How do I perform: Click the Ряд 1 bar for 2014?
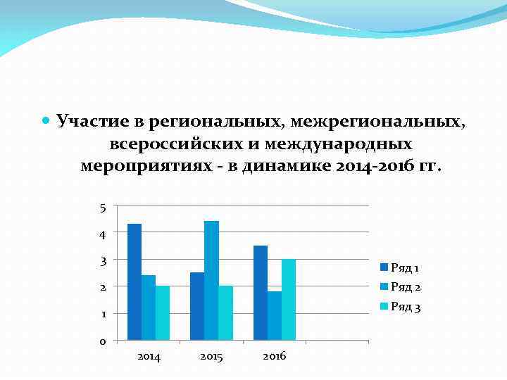coord(134,282)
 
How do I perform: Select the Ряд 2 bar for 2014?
coord(148,308)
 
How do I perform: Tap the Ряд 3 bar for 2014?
coord(162,313)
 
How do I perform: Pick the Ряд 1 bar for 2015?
coord(197,307)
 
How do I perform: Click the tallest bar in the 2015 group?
coord(211,281)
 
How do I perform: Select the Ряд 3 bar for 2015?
coord(225,313)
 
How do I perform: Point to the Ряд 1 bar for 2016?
coord(260,293)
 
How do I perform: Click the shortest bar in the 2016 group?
coord(274,316)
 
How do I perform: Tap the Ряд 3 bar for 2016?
coord(288,300)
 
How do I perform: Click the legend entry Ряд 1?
coord(404,267)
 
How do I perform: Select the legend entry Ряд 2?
coord(404,287)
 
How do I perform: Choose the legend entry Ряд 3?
coord(404,307)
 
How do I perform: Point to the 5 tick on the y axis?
coord(103,208)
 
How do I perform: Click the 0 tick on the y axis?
coord(103,342)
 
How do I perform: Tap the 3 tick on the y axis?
coord(103,261)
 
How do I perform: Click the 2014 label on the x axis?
coord(149,357)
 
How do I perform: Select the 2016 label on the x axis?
coord(274,357)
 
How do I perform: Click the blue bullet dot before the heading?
coord(46,120)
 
